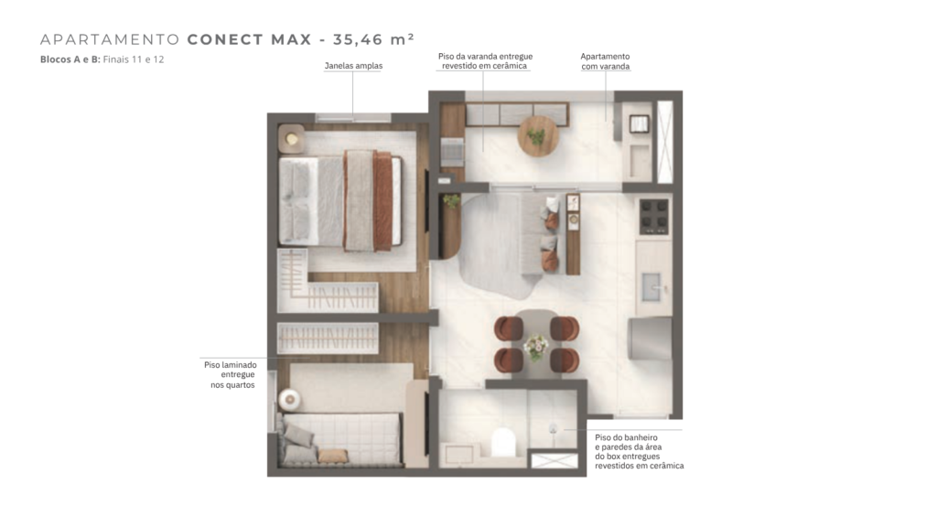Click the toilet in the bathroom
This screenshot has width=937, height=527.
[x=503, y=443]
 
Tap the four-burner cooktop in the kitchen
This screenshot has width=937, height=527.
[x=653, y=216]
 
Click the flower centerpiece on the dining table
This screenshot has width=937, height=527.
[x=535, y=347]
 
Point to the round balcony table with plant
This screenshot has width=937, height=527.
[x=538, y=135]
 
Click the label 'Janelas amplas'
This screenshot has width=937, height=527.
[x=354, y=66]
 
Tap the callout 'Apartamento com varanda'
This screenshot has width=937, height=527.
[x=606, y=61]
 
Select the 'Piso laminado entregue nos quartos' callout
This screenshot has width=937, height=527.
[x=231, y=374]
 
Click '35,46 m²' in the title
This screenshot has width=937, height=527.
[x=373, y=39]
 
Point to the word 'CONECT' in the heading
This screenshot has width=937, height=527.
[x=225, y=39]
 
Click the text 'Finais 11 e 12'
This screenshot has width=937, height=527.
[x=134, y=59]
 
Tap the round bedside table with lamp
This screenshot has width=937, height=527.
[x=292, y=139]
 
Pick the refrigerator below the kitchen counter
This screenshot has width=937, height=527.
[x=650, y=339]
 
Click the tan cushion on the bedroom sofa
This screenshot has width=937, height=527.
[x=333, y=457]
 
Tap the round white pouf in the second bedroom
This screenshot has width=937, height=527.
[x=290, y=399]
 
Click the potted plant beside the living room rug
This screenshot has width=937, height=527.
[x=451, y=200]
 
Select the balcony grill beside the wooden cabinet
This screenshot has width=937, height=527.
[x=452, y=152]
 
